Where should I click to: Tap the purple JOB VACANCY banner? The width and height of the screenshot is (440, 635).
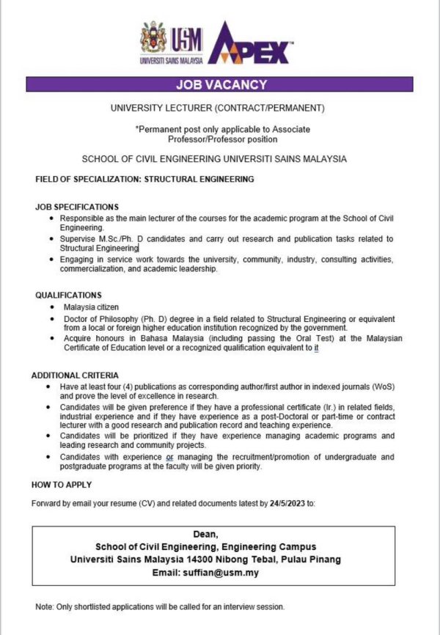click(221, 85)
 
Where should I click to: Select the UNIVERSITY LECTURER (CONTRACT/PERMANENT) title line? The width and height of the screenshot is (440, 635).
click(217, 109)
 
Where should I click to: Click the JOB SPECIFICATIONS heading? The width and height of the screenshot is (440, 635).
click(76, 208)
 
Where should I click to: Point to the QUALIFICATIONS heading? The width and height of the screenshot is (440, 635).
click(70, 295)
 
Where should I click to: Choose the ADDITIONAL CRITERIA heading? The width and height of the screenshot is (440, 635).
click(76, 375)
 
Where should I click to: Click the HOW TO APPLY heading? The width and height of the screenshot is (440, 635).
click(62, 485)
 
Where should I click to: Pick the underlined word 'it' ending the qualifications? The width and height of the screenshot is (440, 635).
click(316, 349)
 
